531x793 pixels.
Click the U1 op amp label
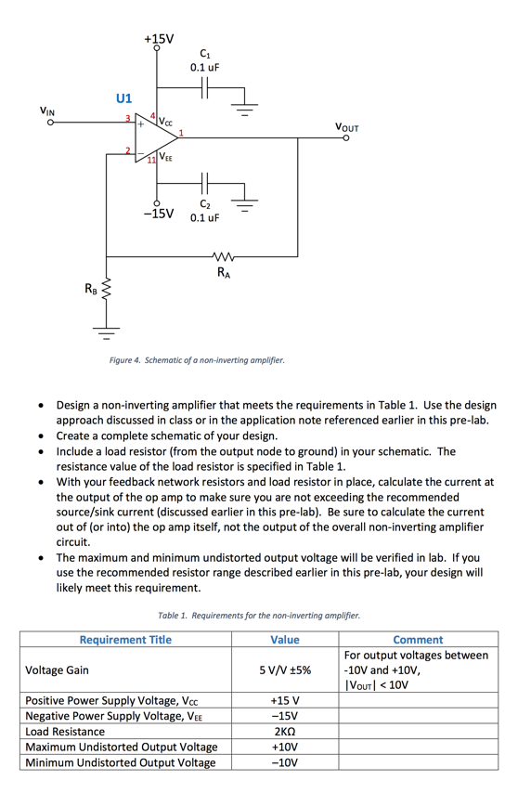click(123, 97)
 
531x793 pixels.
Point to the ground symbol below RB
click(106, 330)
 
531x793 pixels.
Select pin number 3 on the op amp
click(128, 117)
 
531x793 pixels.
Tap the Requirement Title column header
click(125, 639)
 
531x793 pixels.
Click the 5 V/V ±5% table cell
click(284, 669)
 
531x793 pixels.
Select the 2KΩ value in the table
click(284, 731)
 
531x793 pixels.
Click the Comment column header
click(418, 639)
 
